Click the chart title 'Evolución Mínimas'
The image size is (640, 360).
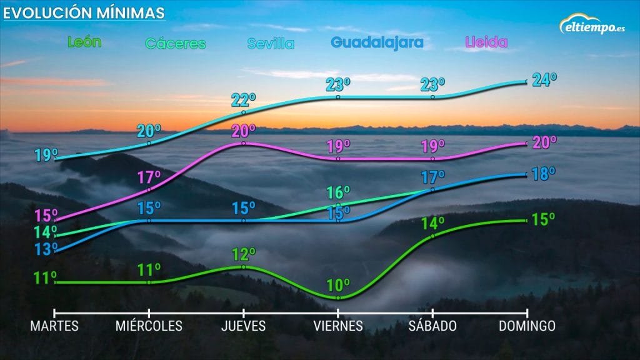click(x=85, y=12)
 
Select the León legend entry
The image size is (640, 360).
click(x=84, y=42)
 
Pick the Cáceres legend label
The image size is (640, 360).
click(x=176, y=44)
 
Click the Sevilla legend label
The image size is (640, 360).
click(x=271, y=44)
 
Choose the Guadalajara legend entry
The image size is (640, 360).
click(x=377, y=42)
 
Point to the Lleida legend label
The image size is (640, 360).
click(x=486, y=42)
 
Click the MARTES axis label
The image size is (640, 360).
click(x=55, y=326)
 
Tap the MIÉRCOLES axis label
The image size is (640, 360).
click(x=149, y=326)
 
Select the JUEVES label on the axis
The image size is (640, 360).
click(x=243, y=326)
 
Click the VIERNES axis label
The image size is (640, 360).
click(x=338, y=326)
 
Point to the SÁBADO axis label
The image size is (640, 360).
click(x=432, y=326)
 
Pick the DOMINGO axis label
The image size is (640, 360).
click(x=527, y=326)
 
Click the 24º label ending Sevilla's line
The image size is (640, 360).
click(x=544, y=80)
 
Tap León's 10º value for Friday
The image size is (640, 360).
click(x=338, y=286)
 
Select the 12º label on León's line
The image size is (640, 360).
click(x=244, y=255)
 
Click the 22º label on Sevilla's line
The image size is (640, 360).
click(x=244, y=100)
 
